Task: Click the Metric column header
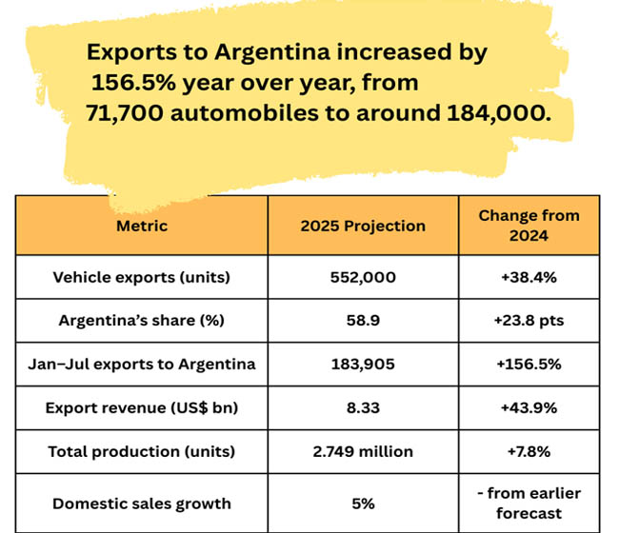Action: [x=142, y=226]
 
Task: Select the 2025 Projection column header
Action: [x=363, y=226]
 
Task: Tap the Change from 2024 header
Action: [x=529, y=226]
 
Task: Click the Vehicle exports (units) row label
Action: [x=142, y=277]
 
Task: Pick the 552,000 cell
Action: [x=363, y=277]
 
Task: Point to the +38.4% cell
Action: [x=529, y=277]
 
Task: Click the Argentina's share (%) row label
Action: [x=142, y=320]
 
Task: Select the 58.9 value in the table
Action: [x=363, y=320]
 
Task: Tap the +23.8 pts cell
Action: [x=529, y=320]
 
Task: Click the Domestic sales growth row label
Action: [x=142, y=503]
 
